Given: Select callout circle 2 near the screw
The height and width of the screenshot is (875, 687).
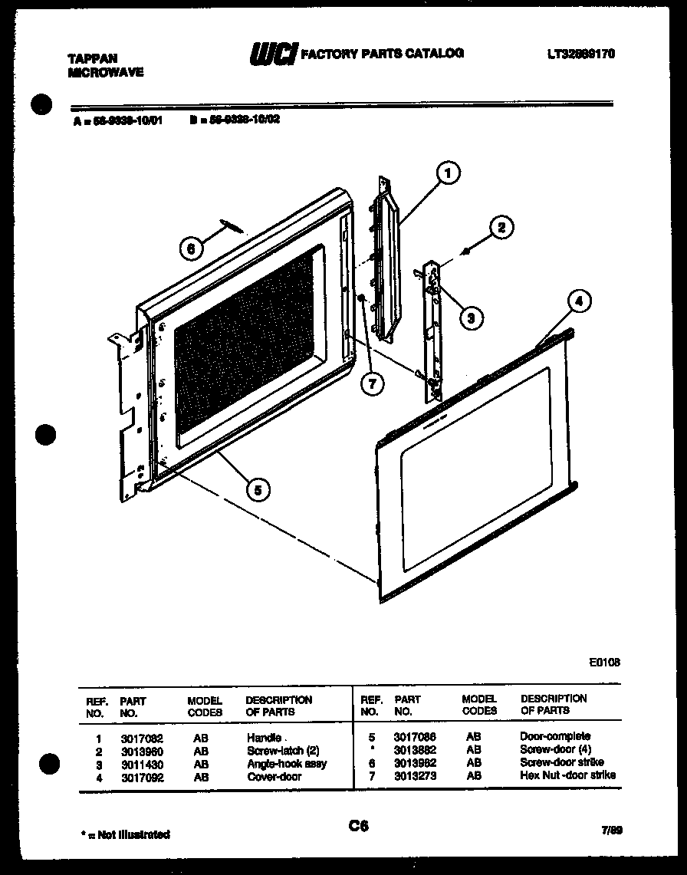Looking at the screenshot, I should point(501,227).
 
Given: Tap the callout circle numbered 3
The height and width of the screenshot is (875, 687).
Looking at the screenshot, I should point(471,317).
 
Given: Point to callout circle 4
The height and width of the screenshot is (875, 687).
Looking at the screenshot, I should point(580,301).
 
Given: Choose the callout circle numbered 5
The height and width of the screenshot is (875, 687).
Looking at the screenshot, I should point(259,490).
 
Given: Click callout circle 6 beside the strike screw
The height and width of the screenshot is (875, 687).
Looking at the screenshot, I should point(192,248).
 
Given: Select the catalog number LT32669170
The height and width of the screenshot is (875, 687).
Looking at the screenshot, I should point(581,54).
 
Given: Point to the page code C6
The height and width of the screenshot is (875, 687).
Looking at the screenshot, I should point(358,826).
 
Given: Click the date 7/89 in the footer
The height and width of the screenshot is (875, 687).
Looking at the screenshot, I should point(610,831).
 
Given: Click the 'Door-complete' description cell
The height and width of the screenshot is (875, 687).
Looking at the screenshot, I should point(555,736).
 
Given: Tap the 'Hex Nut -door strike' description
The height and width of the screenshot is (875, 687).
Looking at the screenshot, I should point(567,775).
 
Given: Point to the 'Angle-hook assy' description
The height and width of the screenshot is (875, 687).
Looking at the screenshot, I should point(286,764).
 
